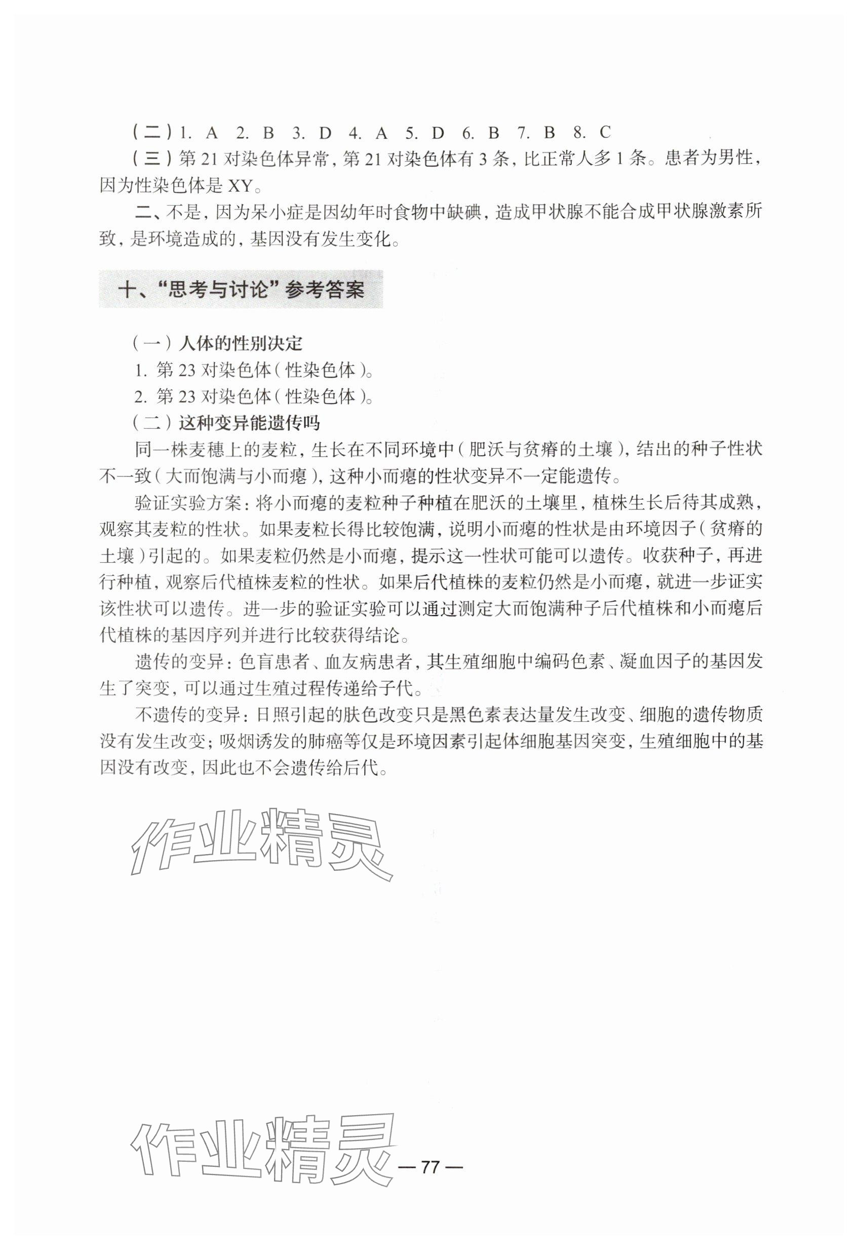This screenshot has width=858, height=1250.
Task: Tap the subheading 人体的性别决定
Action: click(x=242, y=343)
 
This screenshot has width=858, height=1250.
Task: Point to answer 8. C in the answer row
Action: click(x=597, y=132)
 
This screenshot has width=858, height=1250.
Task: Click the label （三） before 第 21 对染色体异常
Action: click(x=152, y=160)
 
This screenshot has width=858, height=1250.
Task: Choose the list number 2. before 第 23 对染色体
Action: click(x=140, y=396)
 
